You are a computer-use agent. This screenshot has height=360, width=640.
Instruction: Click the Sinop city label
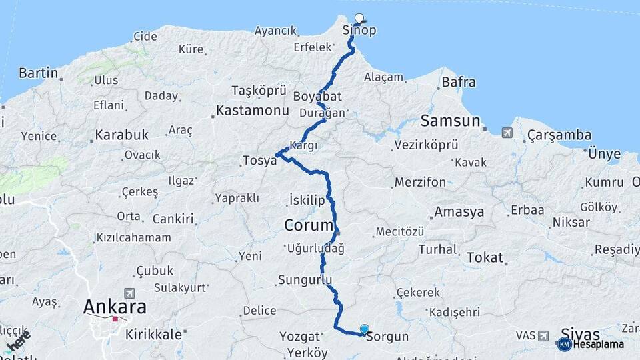click(x=359, y=31)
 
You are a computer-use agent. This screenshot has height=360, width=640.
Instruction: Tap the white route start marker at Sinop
click(x=359, y=18)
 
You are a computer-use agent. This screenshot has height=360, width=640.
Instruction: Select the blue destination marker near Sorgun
click(x=364, y=329)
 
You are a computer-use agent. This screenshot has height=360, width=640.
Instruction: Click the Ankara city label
click(x=115, y=307)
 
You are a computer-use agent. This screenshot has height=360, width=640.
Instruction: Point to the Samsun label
click(x=450, y=121)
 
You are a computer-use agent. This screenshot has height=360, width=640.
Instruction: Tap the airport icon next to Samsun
click(x=508, y=133)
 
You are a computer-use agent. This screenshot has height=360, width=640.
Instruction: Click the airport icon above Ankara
click(x=129, y=293)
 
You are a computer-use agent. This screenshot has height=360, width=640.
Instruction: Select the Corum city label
click(x=308, y=225)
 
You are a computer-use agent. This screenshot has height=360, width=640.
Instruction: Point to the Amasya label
click(x=459, y=213)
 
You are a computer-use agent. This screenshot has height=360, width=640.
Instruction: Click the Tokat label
click(x=485, y=257)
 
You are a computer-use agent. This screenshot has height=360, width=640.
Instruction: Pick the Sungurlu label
click(x=305, y=279)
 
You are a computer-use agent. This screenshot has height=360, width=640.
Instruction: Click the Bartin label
click(x=39, y=73)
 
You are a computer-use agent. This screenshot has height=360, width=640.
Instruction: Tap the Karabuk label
click(x=121, y=135)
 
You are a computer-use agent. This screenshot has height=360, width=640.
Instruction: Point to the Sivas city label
click(x=581, y=334)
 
